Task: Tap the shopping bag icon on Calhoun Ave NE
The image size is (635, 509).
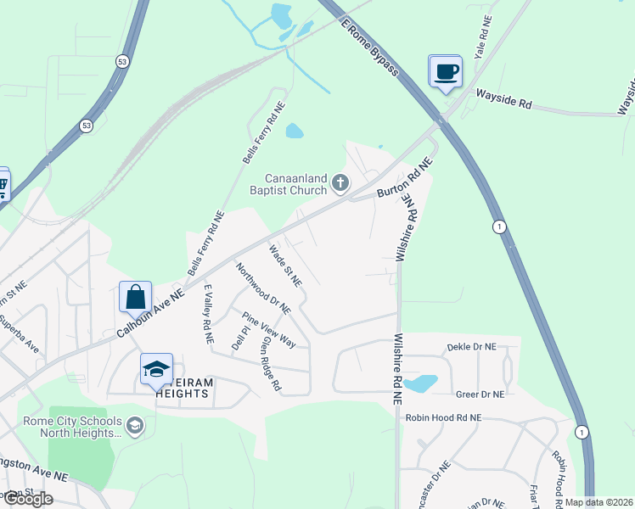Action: coord(135,297)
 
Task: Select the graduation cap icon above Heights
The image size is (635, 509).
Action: coord(156,369)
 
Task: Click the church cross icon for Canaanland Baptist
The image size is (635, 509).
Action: coord(340,182)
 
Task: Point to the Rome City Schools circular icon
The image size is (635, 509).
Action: coord(133,424)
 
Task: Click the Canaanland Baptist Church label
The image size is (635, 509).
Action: coord(294,184)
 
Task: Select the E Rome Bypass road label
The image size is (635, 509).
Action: coord(369,47)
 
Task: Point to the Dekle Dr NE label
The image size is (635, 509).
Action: coord(470,347)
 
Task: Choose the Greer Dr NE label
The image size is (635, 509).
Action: coord(480,394)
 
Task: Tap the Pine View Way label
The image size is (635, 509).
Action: coord(269,331)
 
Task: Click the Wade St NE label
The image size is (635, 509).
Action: coord(284,266)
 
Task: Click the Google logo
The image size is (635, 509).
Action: coord(27,499)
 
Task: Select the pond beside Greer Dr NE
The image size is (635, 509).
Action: coord(420,383)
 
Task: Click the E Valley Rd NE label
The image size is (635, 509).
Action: coord(206,313)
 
